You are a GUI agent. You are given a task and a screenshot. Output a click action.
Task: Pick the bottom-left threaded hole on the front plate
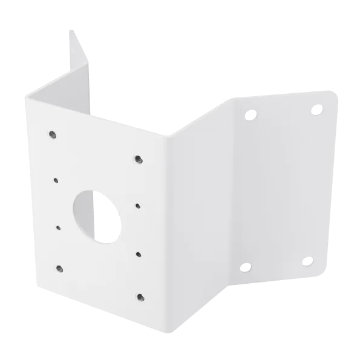59,268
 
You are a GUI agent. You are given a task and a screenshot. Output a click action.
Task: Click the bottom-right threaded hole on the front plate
141,296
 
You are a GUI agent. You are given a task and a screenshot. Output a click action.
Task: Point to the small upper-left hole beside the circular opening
55,180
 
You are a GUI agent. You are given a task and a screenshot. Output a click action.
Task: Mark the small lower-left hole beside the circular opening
58,228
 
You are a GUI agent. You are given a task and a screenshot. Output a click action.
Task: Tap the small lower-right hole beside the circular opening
139,254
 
